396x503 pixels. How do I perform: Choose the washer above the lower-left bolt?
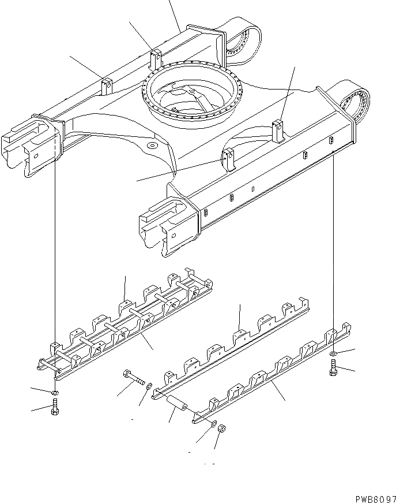54,393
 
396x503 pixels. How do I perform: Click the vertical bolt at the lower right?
334,367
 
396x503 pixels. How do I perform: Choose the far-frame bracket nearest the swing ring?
154,58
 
